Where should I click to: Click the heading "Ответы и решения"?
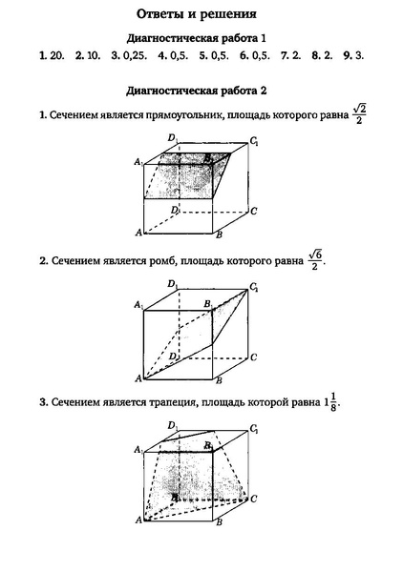[201, 15]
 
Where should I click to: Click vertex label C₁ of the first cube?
[254, 142]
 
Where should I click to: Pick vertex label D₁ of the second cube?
[172, 284]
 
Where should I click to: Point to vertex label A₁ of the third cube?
[138, 448]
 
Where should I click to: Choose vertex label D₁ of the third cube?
[172, 425]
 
